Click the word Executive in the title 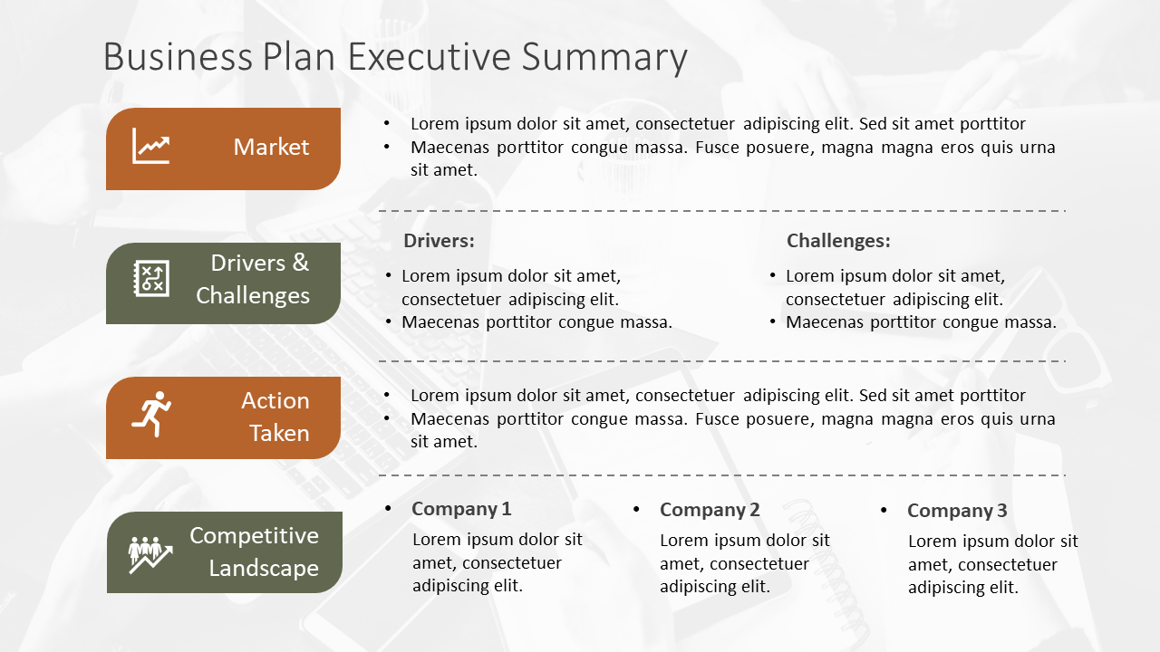pyautogui.click(x=430, y=56)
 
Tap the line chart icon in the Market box pyautogui.click(x=150, y=146)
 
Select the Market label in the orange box pyautogui.click(x=271, y=147)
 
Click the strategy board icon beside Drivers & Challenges pyautogui.click(x=151, y=278)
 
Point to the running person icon pyautogui.click(x=151, y=414)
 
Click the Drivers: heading pyautogui.click(x=439, y=241)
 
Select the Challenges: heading pyautogui.click(x=838, y=241)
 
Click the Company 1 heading pyautogui.click(x=461, y=509)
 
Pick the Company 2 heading pyautogui.click(x=710, y=510)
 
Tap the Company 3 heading pyautogui.click(x=957, y=511)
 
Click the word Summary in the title pyautogui.click(x=604, y=58)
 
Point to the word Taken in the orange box pyautogui.click(x=279, y=433)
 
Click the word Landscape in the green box pyautogui.click(x=264, y=568)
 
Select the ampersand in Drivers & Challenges pyautogui.click(x=300, y=263)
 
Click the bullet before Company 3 pyautogui.click(x=884, y=510)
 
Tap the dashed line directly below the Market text pyautogui.click(x=722, y=211)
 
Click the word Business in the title pyautogui.click(x=178, y=56)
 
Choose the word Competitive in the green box pyautogui.click(x=254, y=536)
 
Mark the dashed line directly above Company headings pyautogui.click(x=722, y=475)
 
